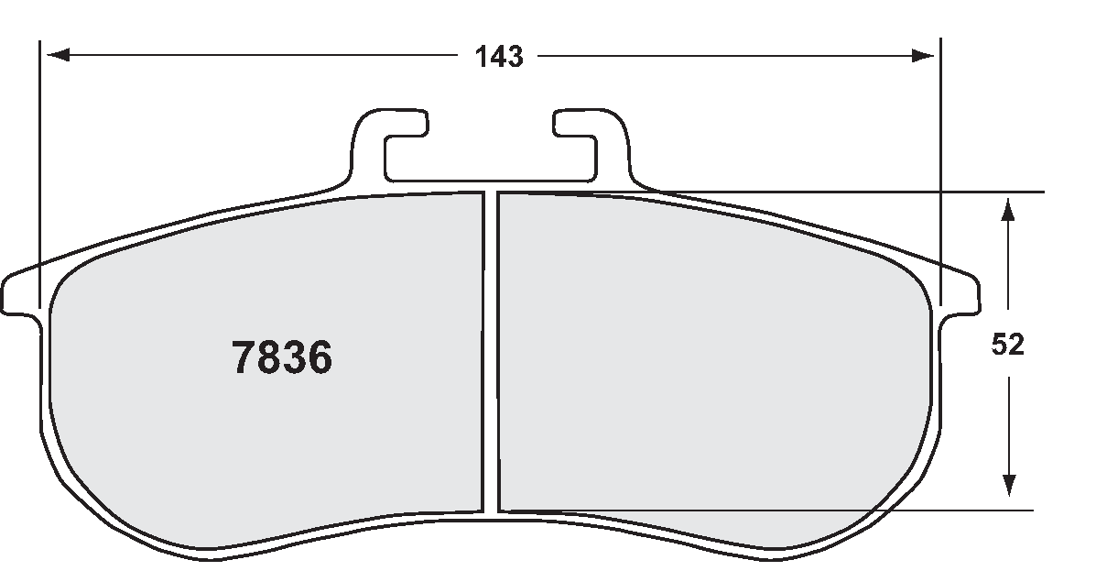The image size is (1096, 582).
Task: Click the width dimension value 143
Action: (x=498, y=57)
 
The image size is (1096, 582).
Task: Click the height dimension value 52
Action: (x=1007, y=345)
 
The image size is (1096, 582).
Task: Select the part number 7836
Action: (x=282, y=358)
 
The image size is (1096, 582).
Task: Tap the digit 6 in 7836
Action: (x=319, y=358)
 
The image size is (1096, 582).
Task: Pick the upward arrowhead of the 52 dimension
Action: (x=1007, y=209)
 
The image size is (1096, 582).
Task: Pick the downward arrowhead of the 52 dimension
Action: (x=1007, y=486)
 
